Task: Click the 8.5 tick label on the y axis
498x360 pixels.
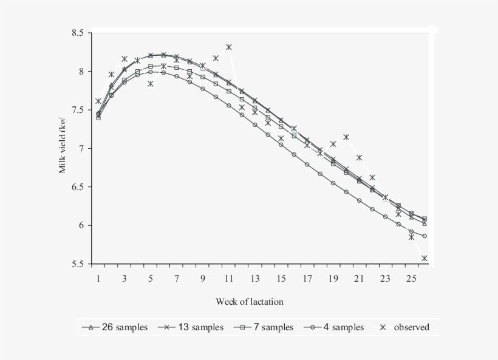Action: coord(78,33)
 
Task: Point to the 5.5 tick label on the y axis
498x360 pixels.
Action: coord(78,265)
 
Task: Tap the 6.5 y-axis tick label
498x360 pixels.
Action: coord(78,187)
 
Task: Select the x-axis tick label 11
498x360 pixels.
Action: coord(229,279)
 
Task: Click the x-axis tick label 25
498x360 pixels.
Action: coord(411,279)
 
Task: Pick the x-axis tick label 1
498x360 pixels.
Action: coord(98,279)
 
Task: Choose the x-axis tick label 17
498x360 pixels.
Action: coord(307,279)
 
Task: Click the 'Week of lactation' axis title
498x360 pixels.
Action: coord(249,302)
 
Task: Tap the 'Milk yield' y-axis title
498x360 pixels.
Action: coord(63,149)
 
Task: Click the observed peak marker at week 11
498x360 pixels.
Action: coord(229,47)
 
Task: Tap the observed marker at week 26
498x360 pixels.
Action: coord(425,259)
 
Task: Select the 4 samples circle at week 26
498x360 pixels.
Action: coord(425,236)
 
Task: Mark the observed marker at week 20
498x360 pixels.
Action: coord(346,137)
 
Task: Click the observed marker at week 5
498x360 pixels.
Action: coord(151,84)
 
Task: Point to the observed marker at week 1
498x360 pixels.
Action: coord(98,101)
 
